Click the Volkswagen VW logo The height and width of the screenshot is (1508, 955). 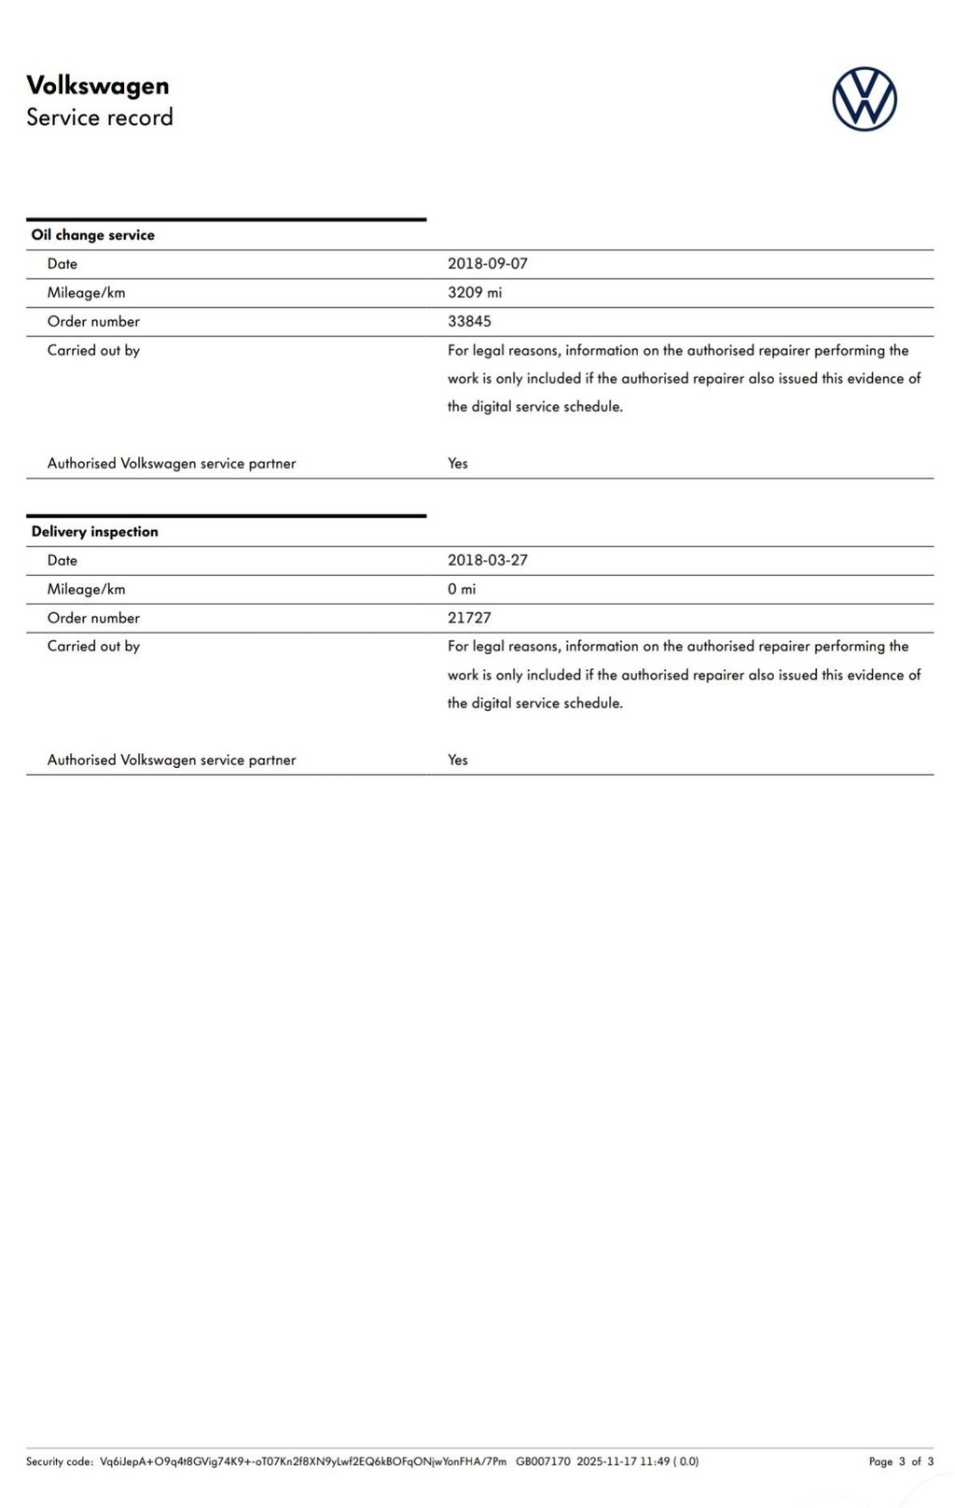[865, 99]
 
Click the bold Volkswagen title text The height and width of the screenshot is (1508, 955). [98, 86]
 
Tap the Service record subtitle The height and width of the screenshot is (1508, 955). [100, 118]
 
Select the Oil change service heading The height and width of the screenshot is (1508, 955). [93, 235]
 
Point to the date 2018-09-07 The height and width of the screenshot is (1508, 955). [488, 264]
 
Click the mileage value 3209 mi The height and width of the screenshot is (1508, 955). [475, 293]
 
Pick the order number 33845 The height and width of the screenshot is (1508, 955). [469, 322]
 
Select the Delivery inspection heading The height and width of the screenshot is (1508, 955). [95, 532]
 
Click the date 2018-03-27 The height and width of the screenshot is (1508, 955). [488, 561]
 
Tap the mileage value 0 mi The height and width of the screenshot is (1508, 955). [462, 590]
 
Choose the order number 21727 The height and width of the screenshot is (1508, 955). [469, 618]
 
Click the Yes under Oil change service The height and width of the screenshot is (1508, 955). [458, 464]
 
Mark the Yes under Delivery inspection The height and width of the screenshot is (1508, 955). [458, 760]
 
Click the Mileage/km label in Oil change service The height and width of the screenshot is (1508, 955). [87, 293]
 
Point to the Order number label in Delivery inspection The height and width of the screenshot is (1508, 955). [93, 618]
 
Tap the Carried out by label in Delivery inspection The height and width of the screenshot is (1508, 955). [93, 646]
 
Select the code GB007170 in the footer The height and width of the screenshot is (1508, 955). [543, 1461]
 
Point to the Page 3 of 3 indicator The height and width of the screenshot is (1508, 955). [901, 1461]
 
